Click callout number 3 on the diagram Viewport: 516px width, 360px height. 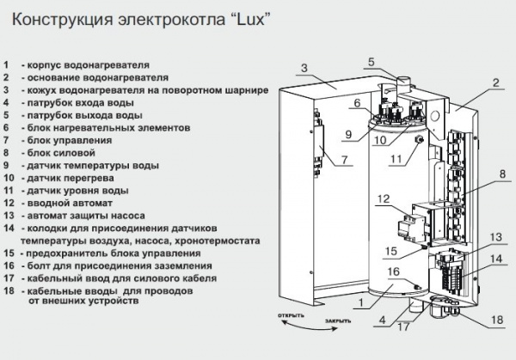[304, 68]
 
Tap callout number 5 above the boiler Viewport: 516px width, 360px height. [372, 62]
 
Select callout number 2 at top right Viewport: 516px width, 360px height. [496, 83]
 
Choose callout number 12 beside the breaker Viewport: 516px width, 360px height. [384, 199]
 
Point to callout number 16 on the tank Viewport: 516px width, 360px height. [394, 272]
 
